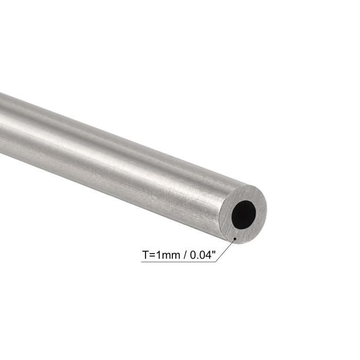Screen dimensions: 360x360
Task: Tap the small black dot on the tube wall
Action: coord(235,239)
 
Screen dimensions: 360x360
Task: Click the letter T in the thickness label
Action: coord(146,254)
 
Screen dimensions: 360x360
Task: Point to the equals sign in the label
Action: coord(152,254)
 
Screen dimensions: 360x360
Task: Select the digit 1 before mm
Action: coord(158,254)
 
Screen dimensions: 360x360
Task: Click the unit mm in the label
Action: coord(169,254)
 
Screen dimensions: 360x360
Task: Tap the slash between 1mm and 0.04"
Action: coord(182,254)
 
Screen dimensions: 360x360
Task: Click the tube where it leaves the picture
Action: coord(3,123)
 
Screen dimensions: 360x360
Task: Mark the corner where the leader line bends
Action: coord(216,262)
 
